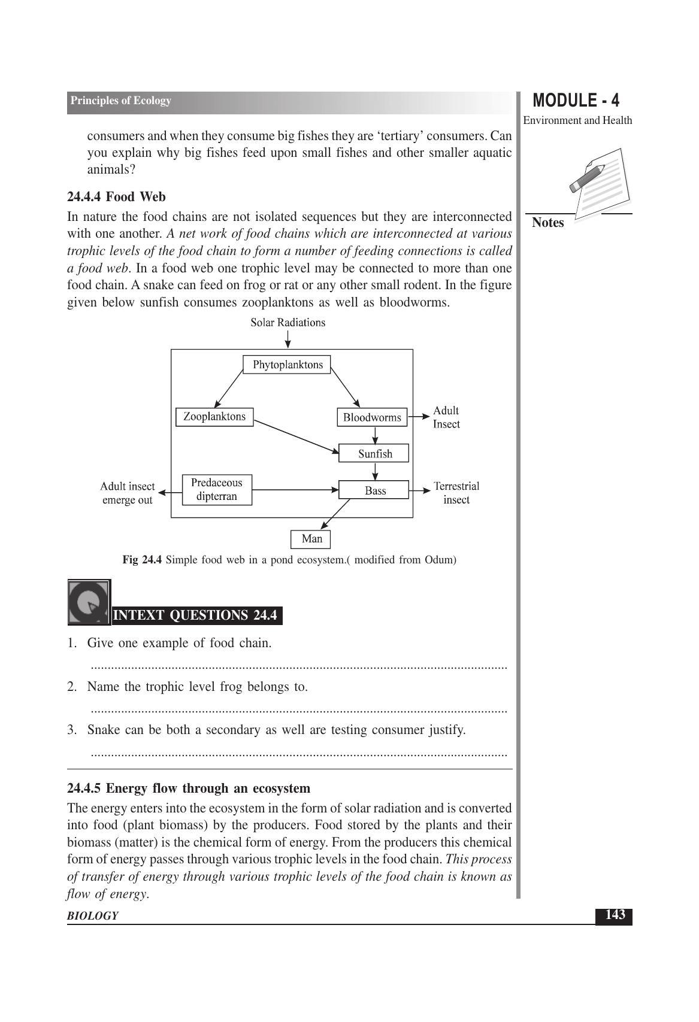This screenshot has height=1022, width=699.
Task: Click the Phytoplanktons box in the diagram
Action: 287,365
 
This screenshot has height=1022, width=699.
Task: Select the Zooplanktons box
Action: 214,417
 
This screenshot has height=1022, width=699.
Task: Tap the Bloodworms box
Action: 372,417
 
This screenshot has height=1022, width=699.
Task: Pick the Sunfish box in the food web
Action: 374,453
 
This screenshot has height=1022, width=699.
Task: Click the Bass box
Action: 374,490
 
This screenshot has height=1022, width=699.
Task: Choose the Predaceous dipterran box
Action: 217,490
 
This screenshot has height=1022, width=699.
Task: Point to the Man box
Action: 311,539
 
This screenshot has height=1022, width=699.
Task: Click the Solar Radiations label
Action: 288,323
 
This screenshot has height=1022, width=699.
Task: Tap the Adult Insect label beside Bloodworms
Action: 446,417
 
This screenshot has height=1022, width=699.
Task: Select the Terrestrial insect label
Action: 456,493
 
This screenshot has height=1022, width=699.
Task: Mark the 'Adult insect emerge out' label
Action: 127,493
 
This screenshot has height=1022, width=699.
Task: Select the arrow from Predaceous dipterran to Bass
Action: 295,490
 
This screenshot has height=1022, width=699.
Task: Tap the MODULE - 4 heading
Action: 576,101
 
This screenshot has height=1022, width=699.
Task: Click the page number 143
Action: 615,915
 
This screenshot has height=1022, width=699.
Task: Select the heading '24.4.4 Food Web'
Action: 116,197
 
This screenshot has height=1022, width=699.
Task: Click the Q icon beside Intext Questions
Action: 89,602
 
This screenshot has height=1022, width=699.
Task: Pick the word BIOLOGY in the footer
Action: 92,916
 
